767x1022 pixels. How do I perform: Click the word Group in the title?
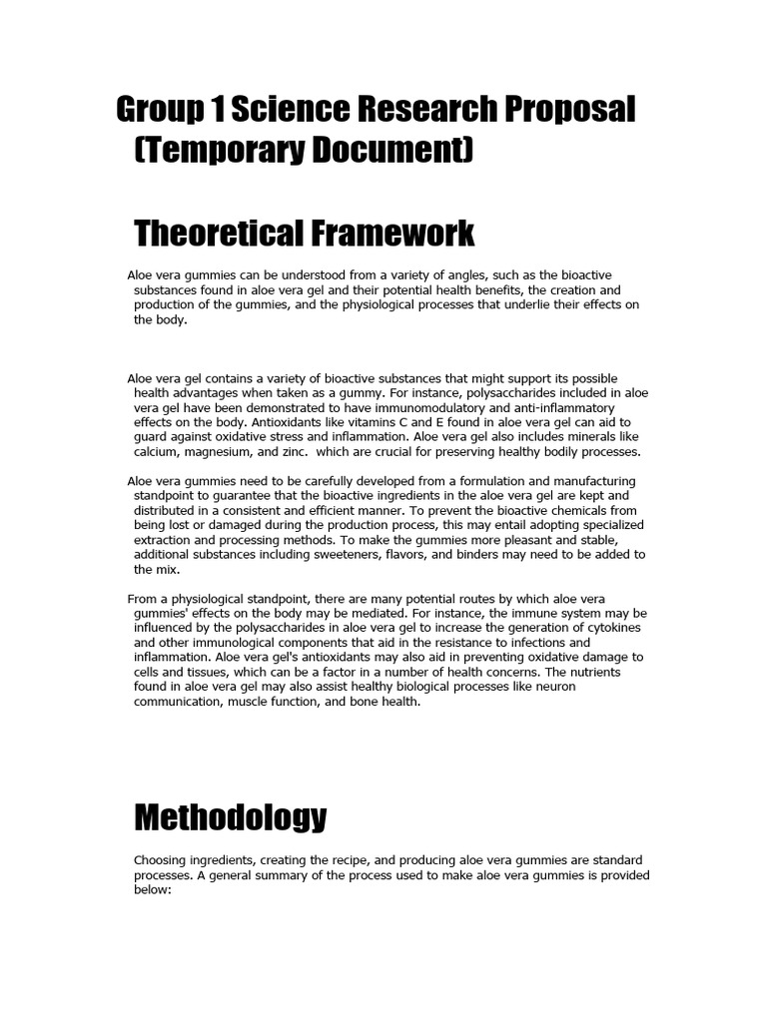coord(158,111)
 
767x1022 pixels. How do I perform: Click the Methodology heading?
coord(230,817)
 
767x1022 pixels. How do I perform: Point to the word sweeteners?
coord(332,554)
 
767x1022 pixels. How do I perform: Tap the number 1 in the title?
coord(213,111)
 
